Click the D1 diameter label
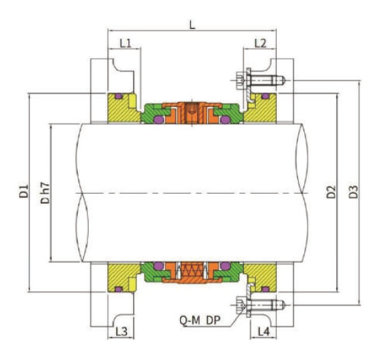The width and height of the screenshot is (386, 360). point(23,192)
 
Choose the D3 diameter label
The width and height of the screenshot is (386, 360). point(353,192)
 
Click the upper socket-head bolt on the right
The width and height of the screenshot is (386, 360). point(260,81)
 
